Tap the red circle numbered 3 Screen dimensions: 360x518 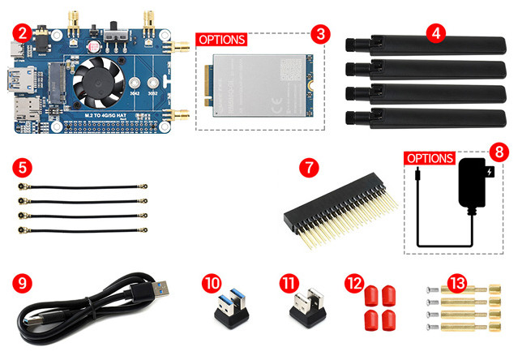pos(322,34)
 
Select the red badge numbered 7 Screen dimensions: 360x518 pos(307,169)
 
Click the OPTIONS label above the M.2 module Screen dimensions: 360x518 pos(221,39)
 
